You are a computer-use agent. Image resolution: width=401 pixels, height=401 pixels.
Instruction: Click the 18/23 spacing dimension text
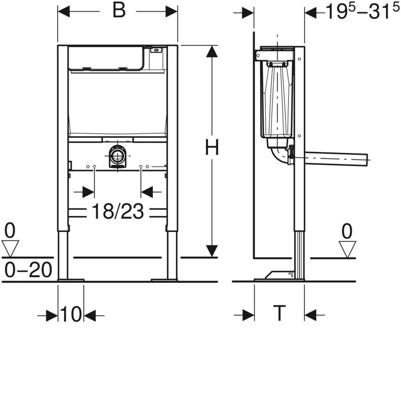coord(117,212)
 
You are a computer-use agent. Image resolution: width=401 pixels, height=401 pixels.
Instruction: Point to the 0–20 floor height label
coord(28,270)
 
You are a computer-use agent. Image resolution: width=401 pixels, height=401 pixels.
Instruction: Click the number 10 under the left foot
coord(71,315)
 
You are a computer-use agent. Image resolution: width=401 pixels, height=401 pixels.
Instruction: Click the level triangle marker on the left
coord(10,247)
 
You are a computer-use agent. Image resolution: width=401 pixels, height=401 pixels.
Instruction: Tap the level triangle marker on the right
coord(347,248)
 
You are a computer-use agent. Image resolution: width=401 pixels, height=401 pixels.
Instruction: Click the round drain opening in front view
coord(118,155)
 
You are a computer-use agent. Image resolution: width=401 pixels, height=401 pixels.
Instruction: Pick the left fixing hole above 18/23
coord(95,166)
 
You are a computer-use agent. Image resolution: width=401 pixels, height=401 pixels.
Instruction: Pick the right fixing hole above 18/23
coord(141,166)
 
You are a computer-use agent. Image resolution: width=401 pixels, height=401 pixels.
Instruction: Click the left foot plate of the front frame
coord(71,279)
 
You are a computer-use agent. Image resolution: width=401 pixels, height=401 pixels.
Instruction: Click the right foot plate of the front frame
coord(164,279)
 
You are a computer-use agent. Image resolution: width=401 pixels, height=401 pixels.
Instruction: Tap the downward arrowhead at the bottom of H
coord(212,250)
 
